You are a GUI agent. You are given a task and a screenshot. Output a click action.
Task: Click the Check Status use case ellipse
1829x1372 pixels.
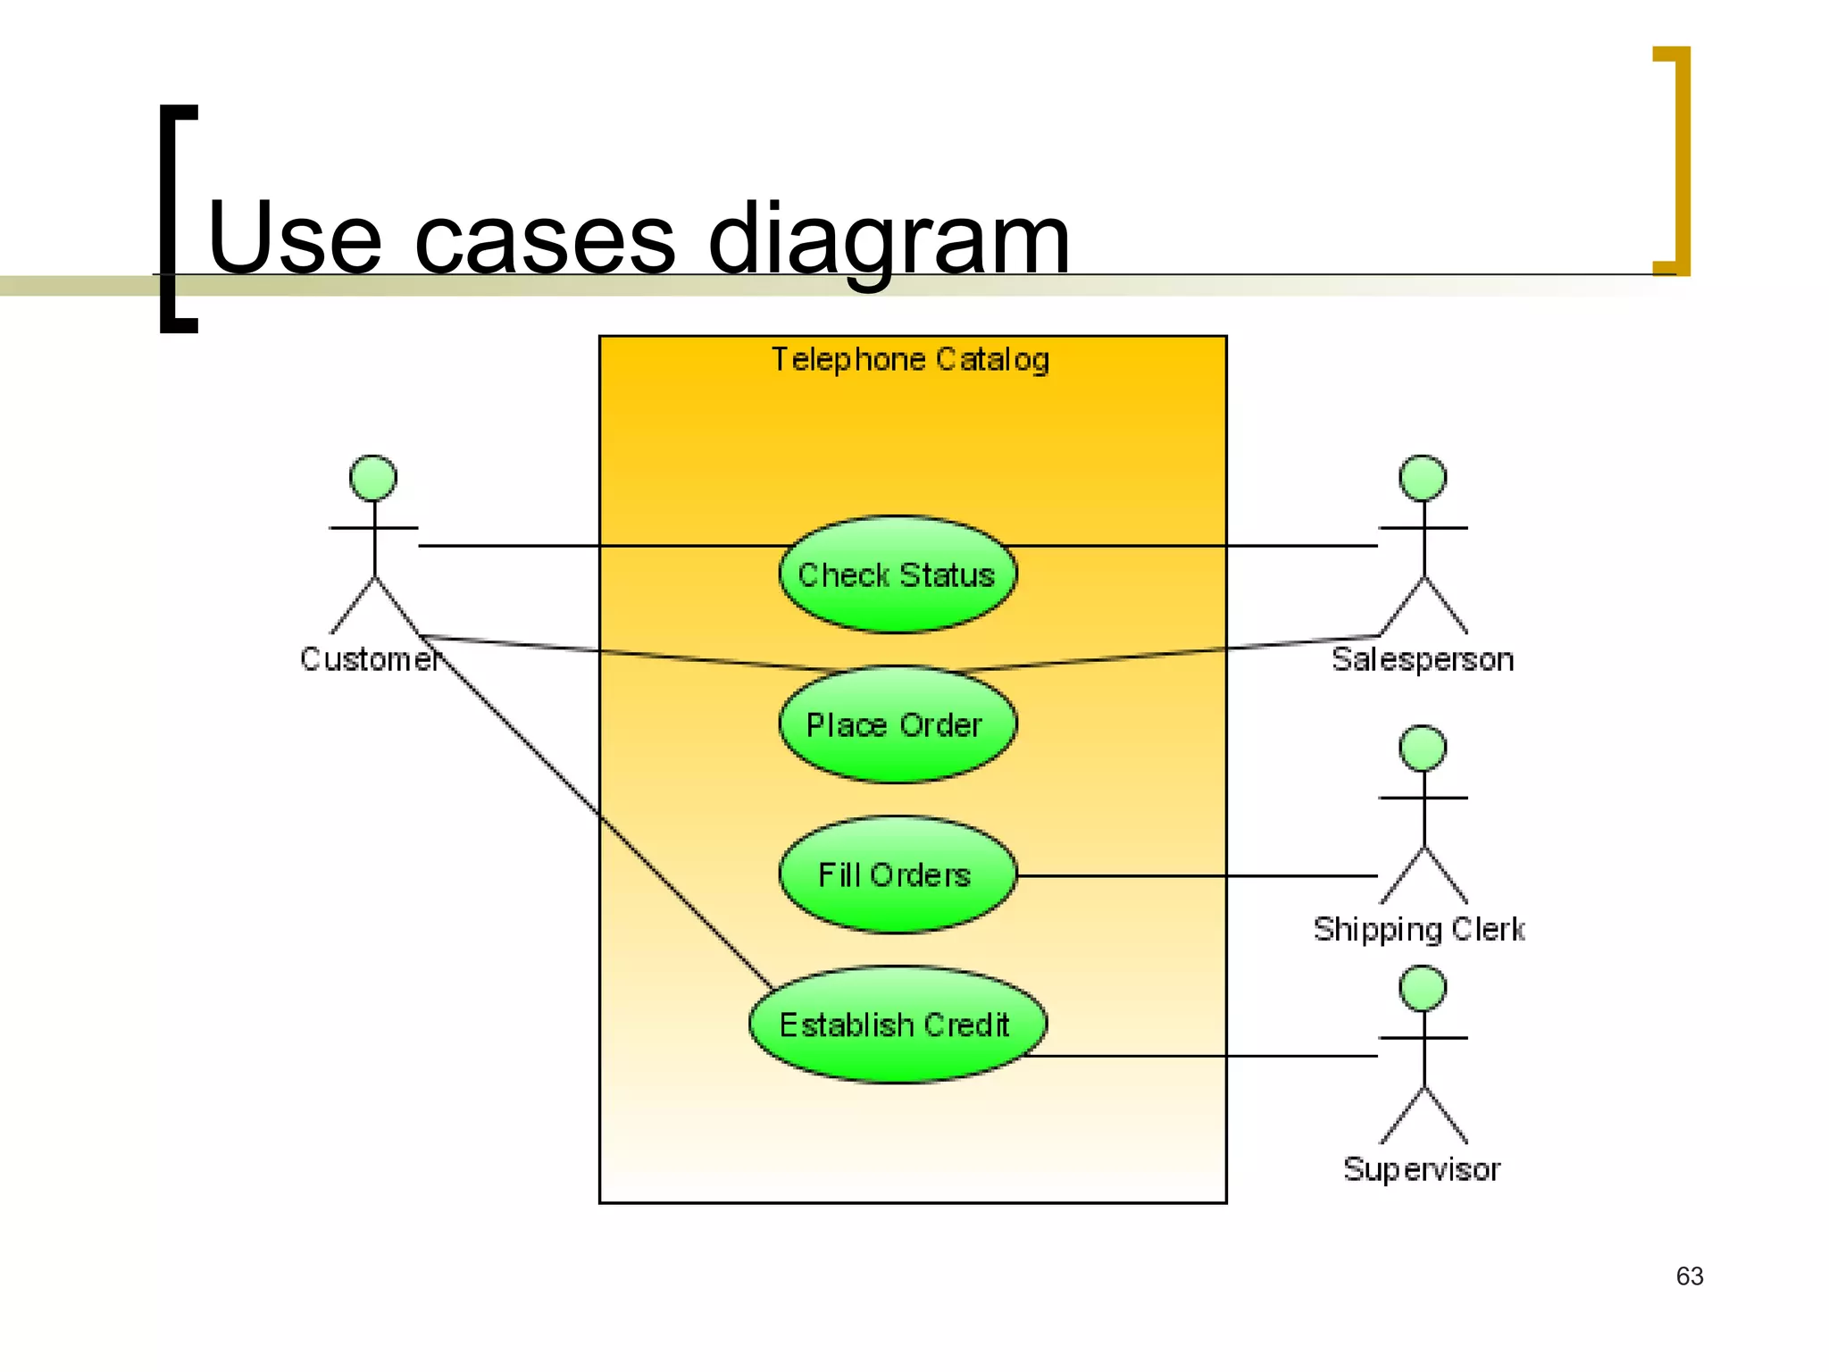(897, 575)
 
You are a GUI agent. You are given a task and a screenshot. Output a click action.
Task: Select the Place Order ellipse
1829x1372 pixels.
(897, 724)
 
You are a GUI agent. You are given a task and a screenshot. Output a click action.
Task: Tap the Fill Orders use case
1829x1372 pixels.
(897, 874)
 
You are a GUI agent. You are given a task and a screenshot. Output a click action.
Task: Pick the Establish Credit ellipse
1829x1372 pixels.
(897, 1025)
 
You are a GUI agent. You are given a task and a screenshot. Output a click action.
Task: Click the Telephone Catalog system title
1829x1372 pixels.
(910, 359)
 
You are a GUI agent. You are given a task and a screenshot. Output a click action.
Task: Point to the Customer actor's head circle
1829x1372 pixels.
(373, 478)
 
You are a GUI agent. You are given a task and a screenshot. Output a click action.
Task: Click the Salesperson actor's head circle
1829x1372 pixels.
(1423, 478)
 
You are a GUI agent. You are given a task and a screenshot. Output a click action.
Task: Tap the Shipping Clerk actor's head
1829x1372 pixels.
(1423, 749)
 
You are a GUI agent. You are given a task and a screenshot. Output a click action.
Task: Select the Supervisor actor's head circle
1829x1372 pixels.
(1423, 989)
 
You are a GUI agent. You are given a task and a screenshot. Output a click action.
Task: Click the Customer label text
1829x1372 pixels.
(369, 659)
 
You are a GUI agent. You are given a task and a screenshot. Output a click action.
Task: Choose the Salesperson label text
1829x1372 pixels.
(1423, 659)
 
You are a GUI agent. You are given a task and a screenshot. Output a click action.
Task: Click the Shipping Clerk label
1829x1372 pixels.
(1419, 930)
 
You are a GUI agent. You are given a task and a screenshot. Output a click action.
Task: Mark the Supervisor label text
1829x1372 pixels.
(1422, 1169)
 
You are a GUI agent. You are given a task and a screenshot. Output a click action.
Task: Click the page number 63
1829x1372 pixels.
(1689, 1276)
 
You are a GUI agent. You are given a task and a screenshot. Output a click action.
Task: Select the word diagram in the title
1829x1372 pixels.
(889, 239)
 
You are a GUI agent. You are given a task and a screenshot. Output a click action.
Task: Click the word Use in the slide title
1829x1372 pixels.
(295, 239)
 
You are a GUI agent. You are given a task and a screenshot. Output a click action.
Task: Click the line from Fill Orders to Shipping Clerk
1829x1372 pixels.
(1197, 875)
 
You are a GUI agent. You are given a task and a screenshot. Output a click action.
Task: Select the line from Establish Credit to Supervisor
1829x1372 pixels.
(1206, 1056)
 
